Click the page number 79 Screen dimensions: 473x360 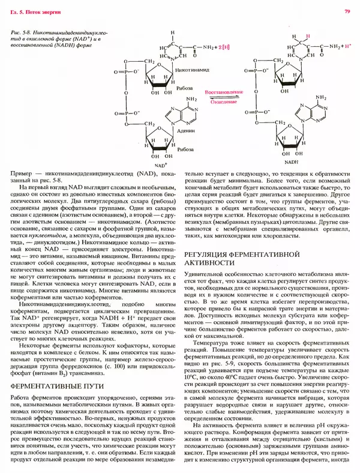click(x=347, y=11)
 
